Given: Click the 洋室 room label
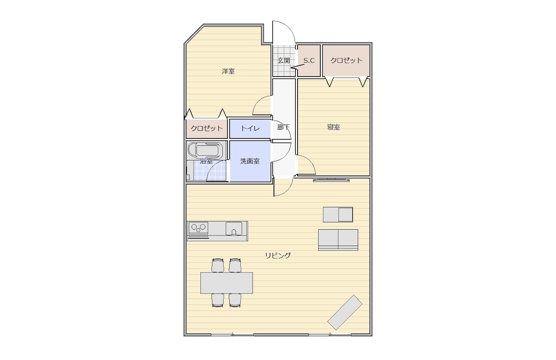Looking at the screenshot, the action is point(228,72).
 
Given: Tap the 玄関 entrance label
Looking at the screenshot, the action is point(284,60).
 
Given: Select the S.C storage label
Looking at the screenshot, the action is point(309,60).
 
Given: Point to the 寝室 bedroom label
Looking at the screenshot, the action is point(334,127).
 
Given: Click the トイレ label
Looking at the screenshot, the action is point(250,129).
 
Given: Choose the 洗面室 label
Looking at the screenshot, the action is point(250,161).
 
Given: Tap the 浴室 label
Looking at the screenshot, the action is point(206,161).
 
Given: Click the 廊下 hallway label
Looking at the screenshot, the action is point(283,127).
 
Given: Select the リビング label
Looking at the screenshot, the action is point(278,255).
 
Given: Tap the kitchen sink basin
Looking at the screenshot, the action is point(234,228).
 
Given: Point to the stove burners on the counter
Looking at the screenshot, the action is point(198,228).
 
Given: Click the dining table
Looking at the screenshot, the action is point(227,283).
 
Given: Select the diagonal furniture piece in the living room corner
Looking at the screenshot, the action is point(345,312).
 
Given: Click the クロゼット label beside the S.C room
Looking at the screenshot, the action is point(346,60).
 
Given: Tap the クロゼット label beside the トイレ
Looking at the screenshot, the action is point(206,129).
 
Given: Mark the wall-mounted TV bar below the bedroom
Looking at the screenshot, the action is point(331,180).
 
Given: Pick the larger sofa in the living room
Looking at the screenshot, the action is point(338,240).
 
